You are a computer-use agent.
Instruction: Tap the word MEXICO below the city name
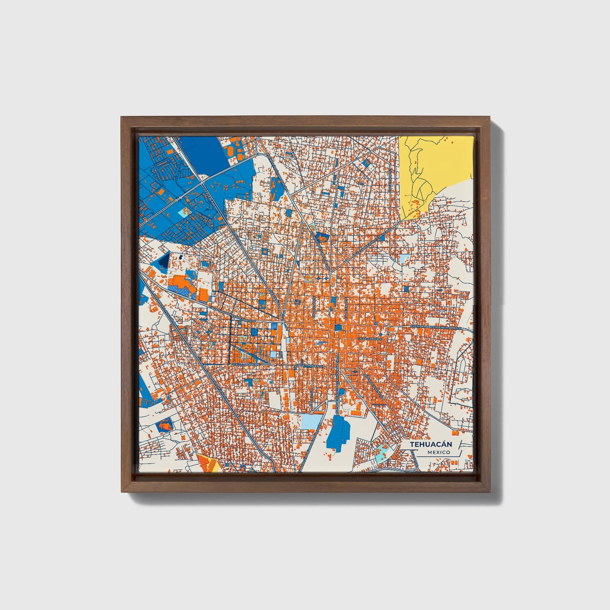tap(438, 453)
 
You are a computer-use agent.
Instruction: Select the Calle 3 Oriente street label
tap(369, 339)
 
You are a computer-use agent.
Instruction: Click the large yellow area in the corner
tap(435, 169)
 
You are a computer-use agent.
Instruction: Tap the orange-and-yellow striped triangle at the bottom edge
tap(208, 464)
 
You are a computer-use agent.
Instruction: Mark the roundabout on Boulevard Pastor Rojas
tap(346, 261)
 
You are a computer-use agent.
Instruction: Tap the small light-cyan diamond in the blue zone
tap(184, 212)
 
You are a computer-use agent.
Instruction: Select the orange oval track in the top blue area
tap(231, 150)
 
